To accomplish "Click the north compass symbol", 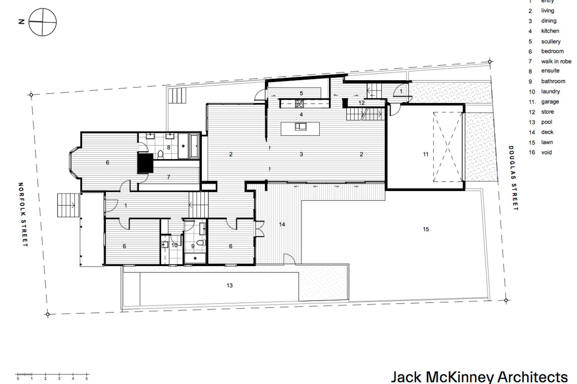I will tap(42, 22).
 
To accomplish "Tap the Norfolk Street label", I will tap(23, 215).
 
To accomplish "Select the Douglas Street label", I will tap(513, 178).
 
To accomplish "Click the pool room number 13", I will tap(230, 285).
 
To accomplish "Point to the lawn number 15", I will tap(426, 229).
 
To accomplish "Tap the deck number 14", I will tap(282, 224).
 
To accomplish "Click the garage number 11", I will tap(426, 154).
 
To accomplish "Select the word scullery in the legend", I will tap(551, 41).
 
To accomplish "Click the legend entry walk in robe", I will tap(556, 61).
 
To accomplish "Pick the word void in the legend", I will tap(546, 152).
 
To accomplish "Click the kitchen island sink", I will tap(300, 127).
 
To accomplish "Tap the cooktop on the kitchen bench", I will tap(299, 104).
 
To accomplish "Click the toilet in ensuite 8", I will tap(160, 154).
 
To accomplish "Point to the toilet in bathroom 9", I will tap(201, 242).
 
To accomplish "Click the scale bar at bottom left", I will tap(52, 375).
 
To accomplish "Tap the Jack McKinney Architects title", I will tap(479, 377).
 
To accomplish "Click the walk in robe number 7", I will tap(169, 177).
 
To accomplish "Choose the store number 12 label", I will tap(361, 103).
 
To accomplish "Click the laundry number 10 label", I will tap(174, 245).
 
